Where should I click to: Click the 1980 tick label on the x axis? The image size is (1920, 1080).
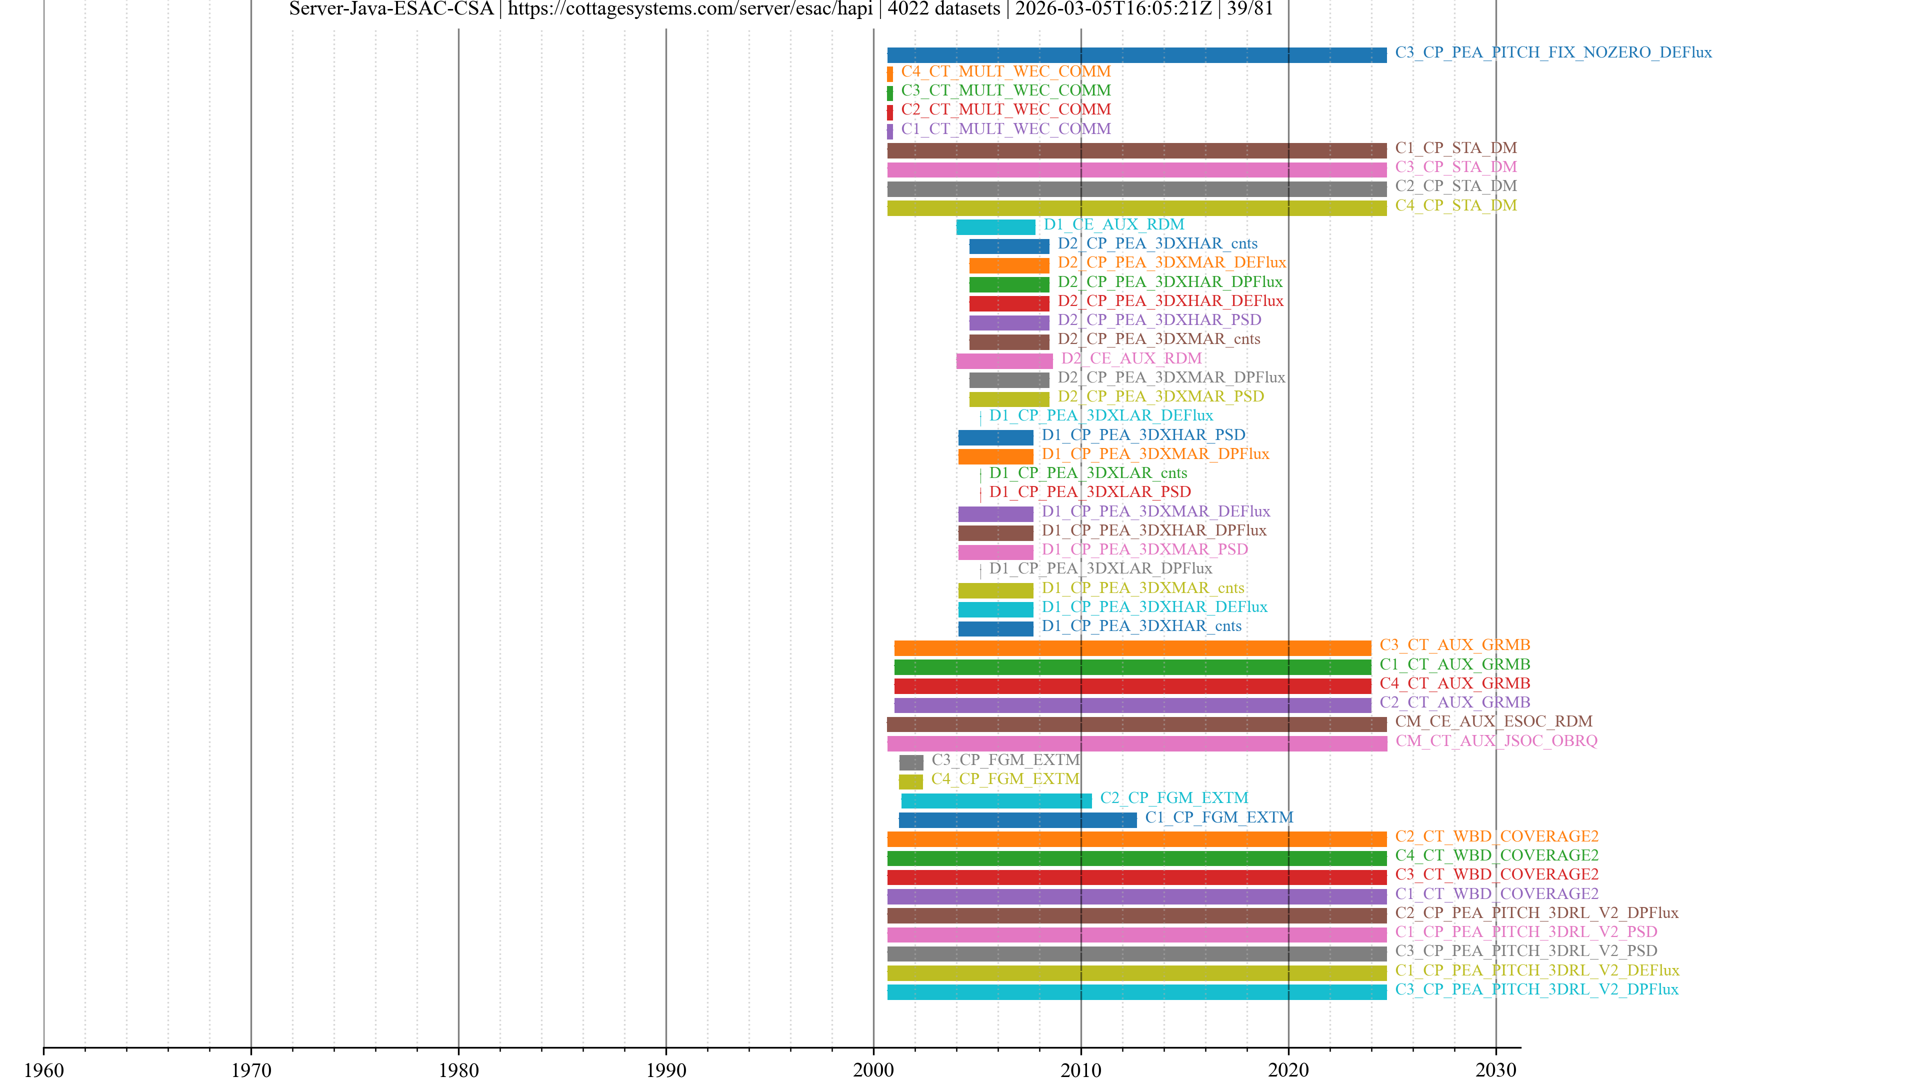tap(458, 1069)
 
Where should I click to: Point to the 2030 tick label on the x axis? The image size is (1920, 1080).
tap(1495, 1069)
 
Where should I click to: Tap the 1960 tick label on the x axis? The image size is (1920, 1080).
tap(44, 1069)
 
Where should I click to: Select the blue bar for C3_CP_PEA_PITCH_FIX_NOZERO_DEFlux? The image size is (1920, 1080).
tap(1136, 55)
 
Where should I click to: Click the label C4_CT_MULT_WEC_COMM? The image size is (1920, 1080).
tap(1005, 71)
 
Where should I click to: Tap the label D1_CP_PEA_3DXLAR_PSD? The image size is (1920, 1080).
tap(1089, 492)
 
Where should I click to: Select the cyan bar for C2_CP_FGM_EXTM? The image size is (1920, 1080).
tap(996, 801)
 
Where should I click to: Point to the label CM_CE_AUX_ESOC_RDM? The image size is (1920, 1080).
tap(1493, 721)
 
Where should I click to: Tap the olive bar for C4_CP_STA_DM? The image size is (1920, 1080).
tap(1136, 208)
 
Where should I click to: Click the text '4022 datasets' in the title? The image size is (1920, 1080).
tap(943, 9)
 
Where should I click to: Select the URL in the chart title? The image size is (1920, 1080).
tap(690, 9)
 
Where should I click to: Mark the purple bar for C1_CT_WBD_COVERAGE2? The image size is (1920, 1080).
tap(1136, 896)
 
